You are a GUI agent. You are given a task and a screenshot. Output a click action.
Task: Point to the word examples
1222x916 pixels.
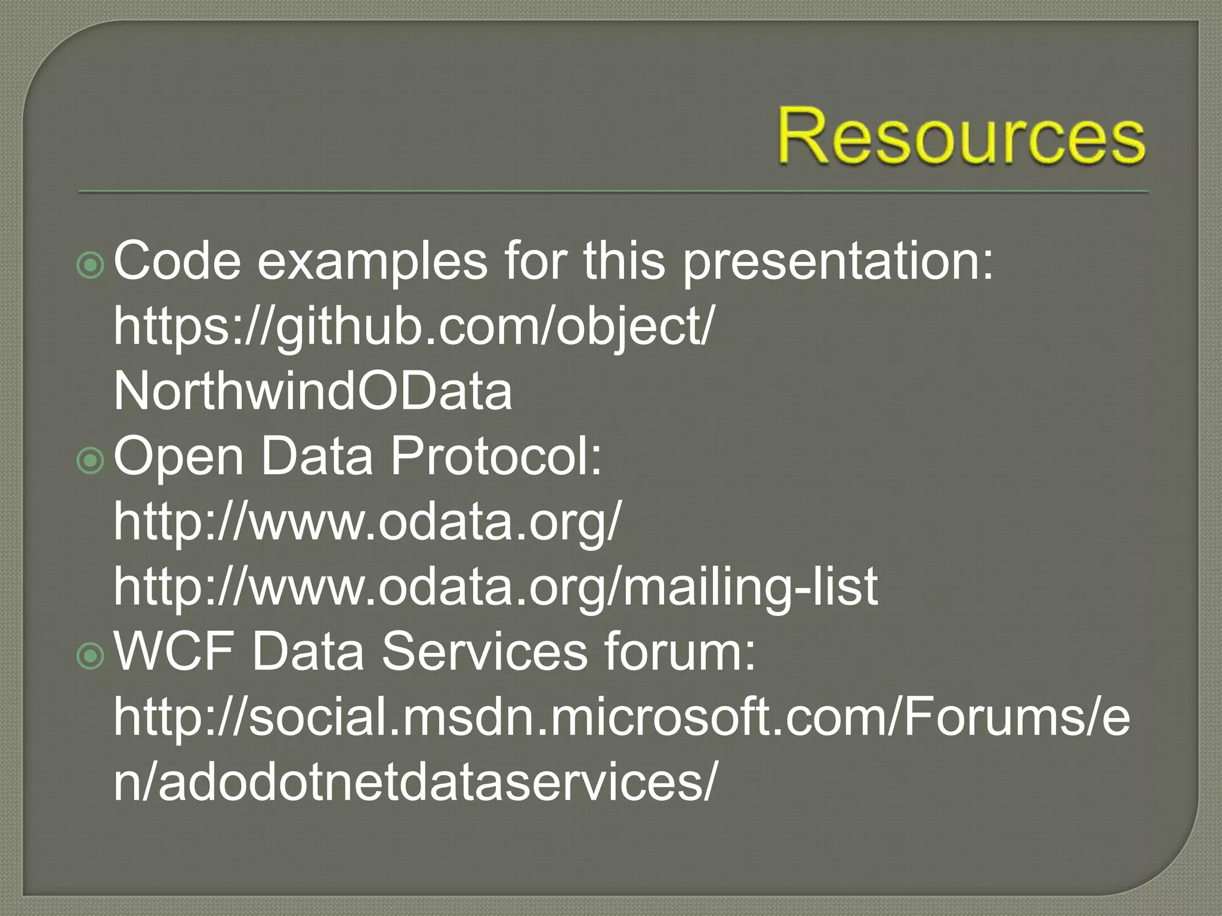[372, 262]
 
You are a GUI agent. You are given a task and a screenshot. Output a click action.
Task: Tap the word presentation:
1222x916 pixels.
[838, 262]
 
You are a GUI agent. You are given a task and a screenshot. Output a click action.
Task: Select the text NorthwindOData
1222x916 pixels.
[313, 391]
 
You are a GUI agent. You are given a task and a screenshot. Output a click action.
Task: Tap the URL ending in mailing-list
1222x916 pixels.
[495, 587]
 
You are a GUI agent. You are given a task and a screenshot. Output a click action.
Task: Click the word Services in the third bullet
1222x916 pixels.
[485, 651]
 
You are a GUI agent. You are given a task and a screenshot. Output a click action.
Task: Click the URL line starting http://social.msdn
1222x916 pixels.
[621, 717]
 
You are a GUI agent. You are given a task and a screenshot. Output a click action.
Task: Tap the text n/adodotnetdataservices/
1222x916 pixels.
[413, 781]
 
